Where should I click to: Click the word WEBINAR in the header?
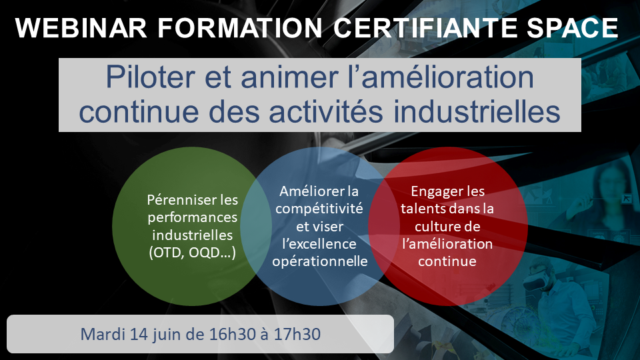[x=81, y=28]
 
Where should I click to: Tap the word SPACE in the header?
[x=572, y=28]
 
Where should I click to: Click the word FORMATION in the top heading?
[x=240, y=28]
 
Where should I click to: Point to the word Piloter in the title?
[x=151, y=77]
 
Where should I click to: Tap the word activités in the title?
[x=325, y=111]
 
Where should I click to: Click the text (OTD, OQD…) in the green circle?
[x=192, y=253]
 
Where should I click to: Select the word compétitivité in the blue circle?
[x=319, y=209]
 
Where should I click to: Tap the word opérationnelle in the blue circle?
[x=320, y=261]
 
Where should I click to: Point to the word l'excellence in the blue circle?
[x=319, y=244]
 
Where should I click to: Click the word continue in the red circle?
[x=447, y=261]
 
